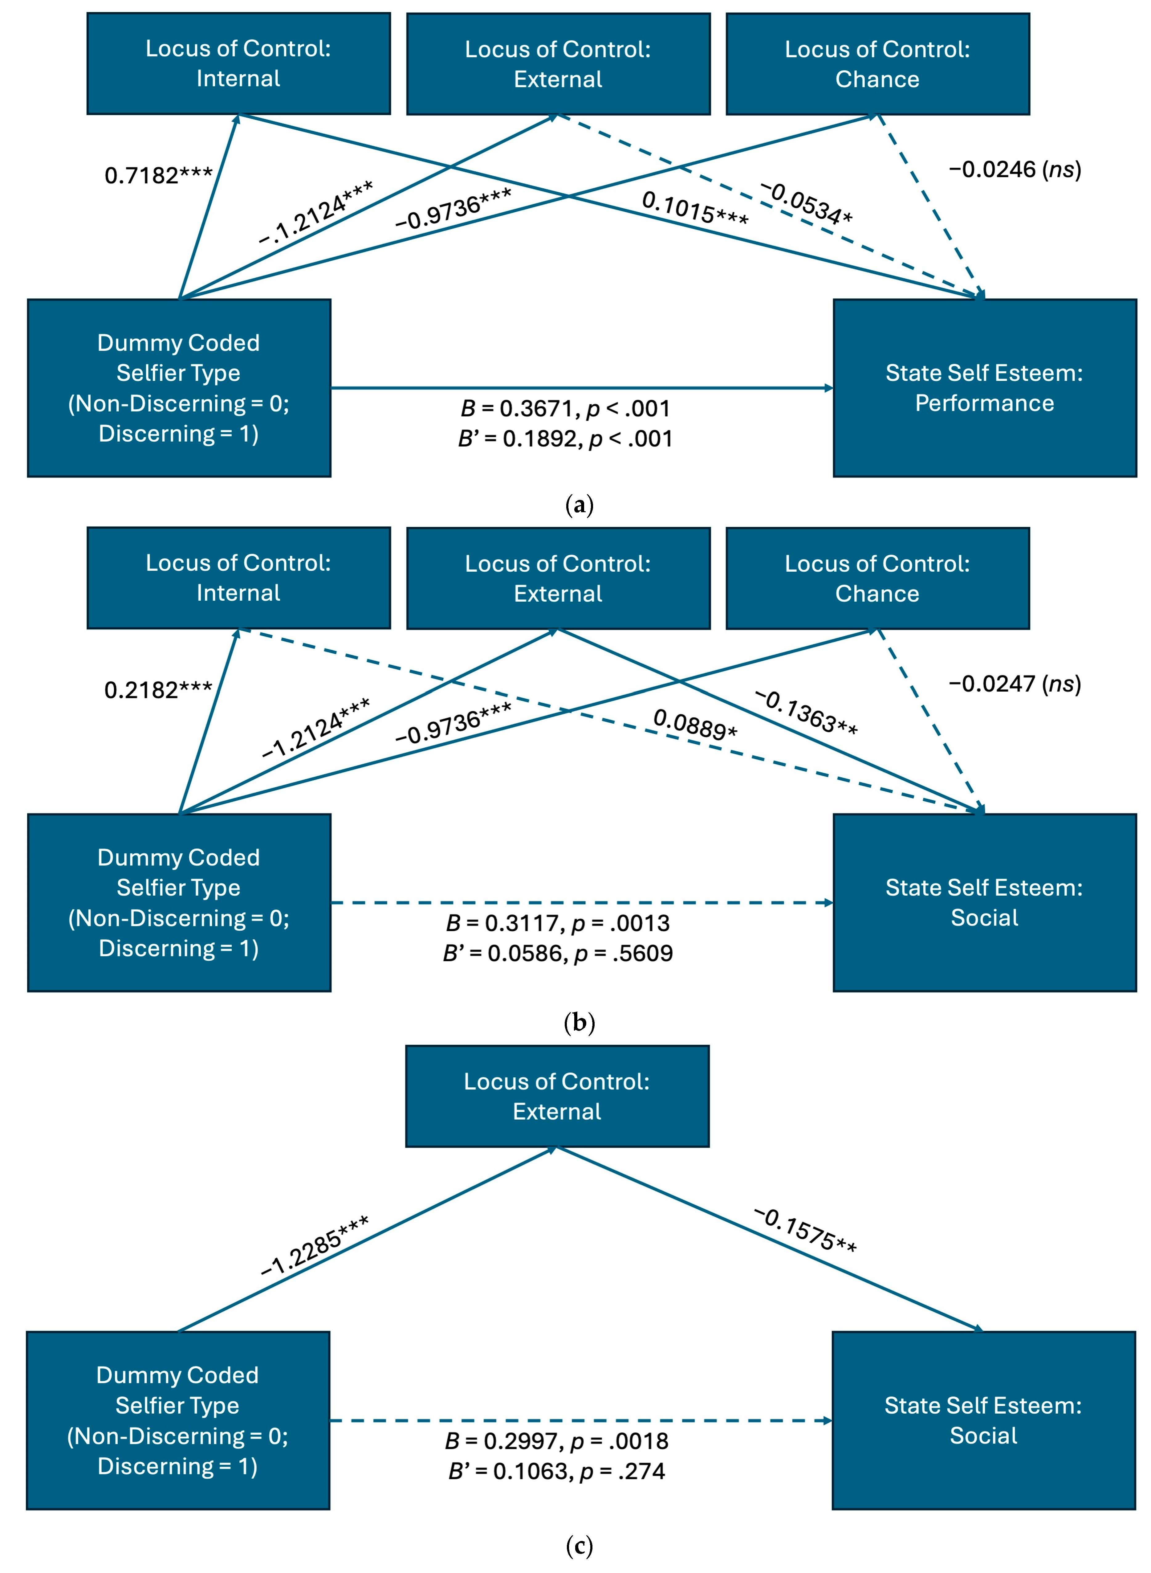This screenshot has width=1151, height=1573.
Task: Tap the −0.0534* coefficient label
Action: (806, 203)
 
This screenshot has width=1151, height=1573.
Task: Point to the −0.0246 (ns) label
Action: (1015, 170)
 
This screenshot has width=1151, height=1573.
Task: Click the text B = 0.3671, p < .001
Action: (565, 408)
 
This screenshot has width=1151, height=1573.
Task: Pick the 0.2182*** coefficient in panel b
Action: (158, 690)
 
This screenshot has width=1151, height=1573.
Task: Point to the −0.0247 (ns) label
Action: (1015, 684)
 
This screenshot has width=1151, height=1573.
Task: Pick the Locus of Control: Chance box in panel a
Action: (877, 64)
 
